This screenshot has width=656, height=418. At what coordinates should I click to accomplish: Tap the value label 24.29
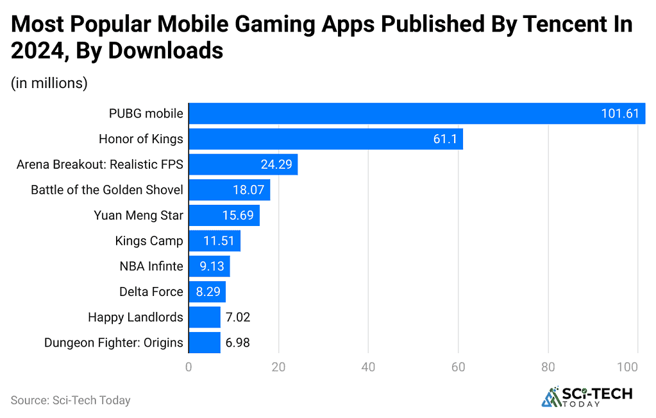(276, 164)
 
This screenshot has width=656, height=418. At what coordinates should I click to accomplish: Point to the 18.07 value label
(248, 189)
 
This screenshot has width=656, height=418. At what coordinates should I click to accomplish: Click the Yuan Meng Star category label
(138, 215)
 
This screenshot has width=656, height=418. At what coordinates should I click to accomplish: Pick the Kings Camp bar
(214, 241)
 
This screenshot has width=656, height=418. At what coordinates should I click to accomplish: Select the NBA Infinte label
(151, 266)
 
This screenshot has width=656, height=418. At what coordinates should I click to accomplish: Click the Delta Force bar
(206, 292)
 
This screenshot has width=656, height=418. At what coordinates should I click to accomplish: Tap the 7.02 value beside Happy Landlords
(237, 317)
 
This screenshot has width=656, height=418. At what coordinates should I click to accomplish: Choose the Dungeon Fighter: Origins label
(114, 342)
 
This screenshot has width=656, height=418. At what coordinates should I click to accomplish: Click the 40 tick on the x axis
(368, 367)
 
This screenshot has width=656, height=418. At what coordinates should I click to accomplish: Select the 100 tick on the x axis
(637, 367)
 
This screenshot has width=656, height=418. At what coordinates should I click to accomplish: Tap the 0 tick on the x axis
(189, 367)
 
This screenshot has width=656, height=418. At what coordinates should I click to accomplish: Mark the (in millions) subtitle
(49, 83)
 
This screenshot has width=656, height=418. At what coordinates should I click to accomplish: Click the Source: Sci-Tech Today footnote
(71, 400)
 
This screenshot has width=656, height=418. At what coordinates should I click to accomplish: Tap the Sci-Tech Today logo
(587, 396)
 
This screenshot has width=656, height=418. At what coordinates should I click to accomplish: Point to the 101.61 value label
(620, 114)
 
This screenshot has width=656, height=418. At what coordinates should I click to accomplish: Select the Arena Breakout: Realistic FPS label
(100, 164)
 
